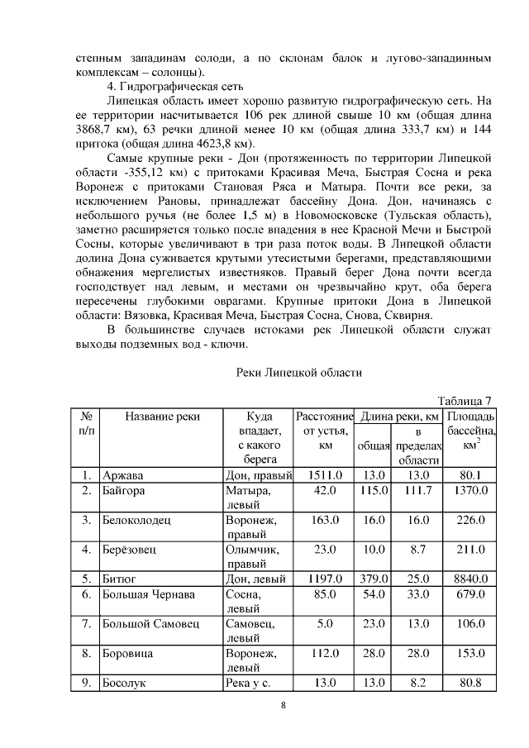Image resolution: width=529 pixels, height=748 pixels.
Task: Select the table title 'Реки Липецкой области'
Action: (x=298, y=373)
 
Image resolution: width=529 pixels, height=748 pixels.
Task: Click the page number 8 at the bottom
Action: (x=283, y=706)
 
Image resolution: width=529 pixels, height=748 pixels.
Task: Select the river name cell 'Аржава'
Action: (x=122, y=475)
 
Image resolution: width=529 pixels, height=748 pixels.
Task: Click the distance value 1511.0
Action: (x=324, y=475)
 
